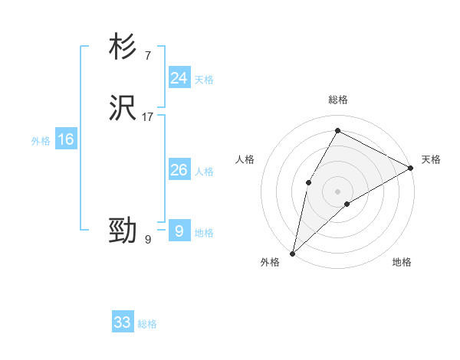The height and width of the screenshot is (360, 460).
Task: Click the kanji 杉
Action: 123,47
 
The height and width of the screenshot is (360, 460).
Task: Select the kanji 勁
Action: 123,231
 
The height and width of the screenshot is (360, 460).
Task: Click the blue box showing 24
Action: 179,78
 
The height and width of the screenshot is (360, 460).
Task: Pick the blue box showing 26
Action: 179,170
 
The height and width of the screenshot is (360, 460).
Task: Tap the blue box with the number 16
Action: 66,139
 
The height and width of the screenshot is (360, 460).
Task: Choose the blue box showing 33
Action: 123,322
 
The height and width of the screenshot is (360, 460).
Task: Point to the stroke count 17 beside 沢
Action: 148,117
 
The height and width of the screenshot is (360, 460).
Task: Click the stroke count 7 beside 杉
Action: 147,56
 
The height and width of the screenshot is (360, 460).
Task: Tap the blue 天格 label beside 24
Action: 204,80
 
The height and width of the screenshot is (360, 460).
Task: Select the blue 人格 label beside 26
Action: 204,172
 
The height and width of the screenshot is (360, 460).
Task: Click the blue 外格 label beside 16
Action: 41,141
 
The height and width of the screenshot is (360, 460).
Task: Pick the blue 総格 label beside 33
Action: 147,324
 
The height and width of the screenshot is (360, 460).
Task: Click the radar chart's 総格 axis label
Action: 337,100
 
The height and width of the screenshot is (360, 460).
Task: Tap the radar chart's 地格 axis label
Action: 402,263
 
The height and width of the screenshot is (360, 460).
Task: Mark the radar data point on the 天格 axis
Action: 410,169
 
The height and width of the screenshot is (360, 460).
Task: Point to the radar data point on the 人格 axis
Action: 308,182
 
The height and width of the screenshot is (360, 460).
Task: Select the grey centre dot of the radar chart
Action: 337,191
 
